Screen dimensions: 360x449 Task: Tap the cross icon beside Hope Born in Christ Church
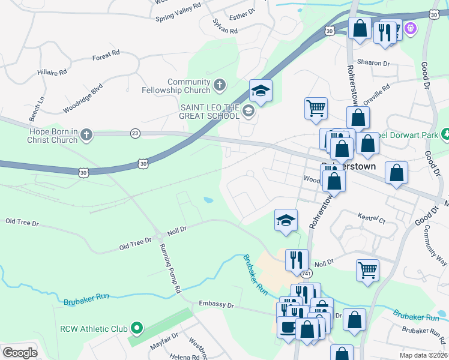[x=86, y=134]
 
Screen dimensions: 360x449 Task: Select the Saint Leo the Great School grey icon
[x=248, y=110]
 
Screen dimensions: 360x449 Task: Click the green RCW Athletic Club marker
[x=137, y=328]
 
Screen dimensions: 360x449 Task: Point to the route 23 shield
[x=135, y=134]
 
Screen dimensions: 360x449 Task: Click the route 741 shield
[x=307, y=274]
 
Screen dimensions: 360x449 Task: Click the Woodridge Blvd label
[x=82, y=101]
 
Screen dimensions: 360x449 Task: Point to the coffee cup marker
[x=288, y=327]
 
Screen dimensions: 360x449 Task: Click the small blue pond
[x=208, y=200]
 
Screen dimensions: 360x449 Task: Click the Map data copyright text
[x=424, y=355]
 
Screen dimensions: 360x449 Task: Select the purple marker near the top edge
[x=411, y=27]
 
